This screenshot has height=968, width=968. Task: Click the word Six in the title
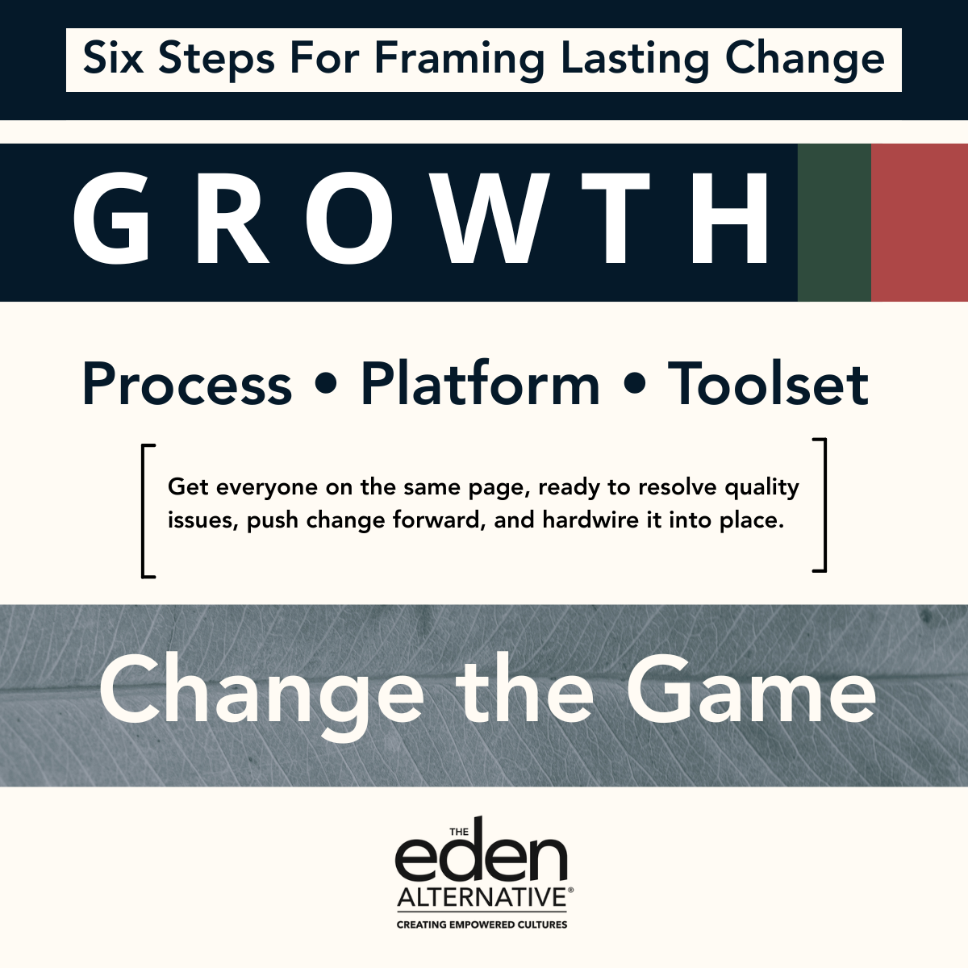point(112,59)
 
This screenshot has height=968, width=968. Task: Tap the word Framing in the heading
point(461,60)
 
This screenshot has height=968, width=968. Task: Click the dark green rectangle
point(834,223)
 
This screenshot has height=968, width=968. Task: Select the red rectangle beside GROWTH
point(920,223)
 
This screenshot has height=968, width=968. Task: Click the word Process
point(186,384)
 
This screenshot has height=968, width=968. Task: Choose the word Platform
point(480,384)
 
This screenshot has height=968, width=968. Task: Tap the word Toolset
point(768,384)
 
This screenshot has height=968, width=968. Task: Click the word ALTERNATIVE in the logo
point(482,898)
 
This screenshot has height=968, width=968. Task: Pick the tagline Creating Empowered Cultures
point(482,924)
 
